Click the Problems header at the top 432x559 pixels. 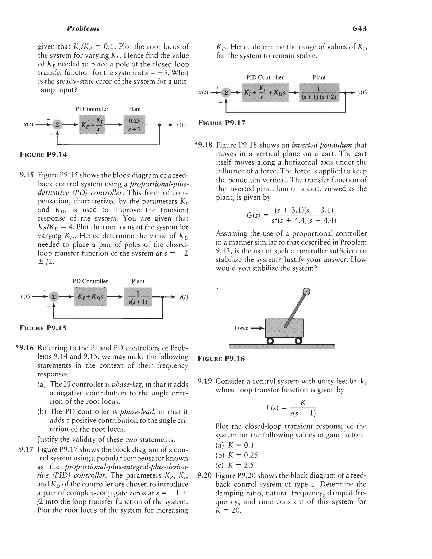83,28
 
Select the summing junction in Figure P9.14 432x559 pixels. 56,125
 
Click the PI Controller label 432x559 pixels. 92,109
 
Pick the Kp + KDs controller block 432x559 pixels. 90,297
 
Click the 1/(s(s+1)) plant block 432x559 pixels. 138,297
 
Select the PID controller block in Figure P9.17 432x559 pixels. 265,93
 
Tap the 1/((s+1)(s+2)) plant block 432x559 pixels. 319,93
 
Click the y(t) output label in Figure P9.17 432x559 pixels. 362,93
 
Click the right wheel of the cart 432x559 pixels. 298,341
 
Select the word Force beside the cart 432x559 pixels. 241,328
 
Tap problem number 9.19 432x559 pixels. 205,381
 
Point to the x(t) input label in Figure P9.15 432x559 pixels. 25,297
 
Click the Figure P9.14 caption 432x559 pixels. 43,155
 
